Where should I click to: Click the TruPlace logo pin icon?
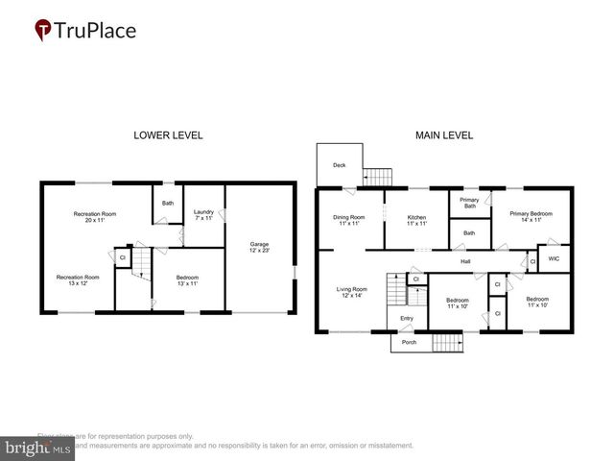tap(43, 31)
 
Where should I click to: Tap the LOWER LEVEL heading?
tap(168, 135)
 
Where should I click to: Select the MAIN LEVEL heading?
tap(443, 135)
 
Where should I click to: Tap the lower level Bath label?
tap(168, 203)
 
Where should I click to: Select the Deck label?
tap(339, 165)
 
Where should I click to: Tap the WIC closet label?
tap(555, 257)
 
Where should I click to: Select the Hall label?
tap(465, 261)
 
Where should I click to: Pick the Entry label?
tap(406, 319)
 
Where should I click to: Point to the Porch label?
tap(410, 342)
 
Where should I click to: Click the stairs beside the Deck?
tap(379, 177)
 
